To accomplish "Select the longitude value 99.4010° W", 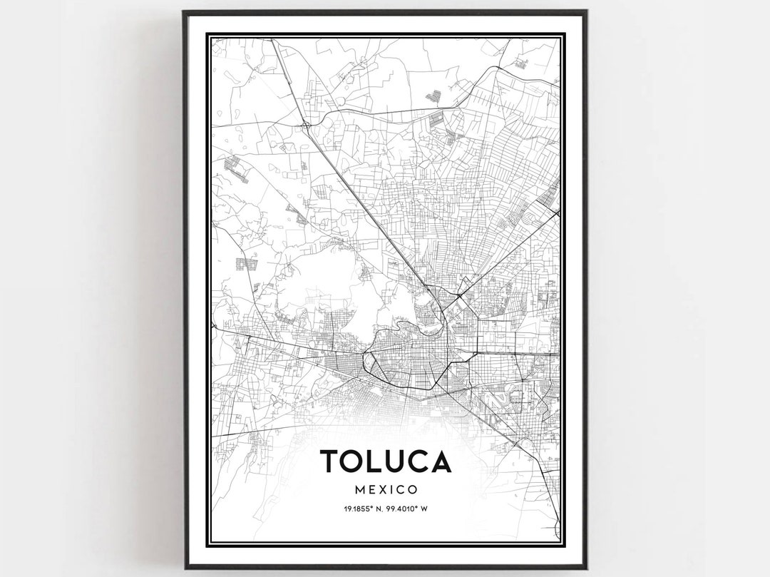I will coord(407,509).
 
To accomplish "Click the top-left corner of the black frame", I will coord(184,11).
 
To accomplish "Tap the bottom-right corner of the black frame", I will coord(586,568).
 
